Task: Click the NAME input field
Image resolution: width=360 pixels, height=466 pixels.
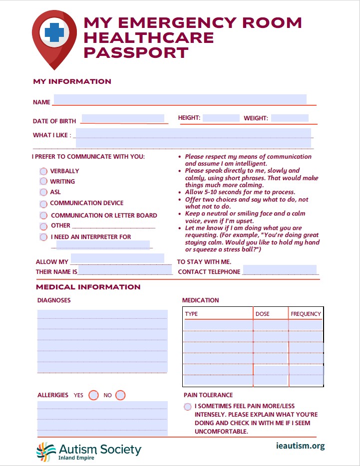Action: [x=180, y=99]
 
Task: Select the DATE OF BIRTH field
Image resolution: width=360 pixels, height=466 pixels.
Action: [x=122, y=119]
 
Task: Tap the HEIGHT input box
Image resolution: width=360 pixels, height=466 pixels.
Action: [x=221, y=118]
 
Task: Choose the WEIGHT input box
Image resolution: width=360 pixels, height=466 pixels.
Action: [x=290, y=118]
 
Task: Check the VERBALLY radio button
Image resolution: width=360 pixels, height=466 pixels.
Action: [x=43, y=171]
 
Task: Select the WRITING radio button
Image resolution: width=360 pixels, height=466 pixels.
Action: [x=43, y=182]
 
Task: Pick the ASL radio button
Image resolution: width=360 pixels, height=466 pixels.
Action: [x=43, y=192]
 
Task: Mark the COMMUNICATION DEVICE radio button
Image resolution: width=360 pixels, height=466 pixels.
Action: [x=43, y=204]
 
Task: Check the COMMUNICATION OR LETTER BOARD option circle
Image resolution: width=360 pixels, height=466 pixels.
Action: [x=44, y=216]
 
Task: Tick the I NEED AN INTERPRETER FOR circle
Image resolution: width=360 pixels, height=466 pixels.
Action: [x=44, y=237]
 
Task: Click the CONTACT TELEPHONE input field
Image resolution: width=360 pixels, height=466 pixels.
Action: [x=280, y=270]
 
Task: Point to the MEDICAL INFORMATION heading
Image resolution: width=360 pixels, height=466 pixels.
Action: [x=88, y=287]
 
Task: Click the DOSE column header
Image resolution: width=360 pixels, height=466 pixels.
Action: [x=263, y=314]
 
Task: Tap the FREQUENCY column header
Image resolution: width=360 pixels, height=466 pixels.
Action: [x=306, y=314]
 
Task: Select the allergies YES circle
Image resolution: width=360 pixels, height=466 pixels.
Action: [x=93, y=395]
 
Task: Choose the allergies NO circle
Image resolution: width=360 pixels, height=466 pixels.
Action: [x=120, y=395]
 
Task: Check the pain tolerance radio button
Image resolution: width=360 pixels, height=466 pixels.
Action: [x=187, y=407]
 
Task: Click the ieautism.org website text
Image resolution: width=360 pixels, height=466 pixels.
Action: [x=300, y=446]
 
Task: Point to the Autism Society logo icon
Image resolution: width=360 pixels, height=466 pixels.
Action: [x=46, y=451]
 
